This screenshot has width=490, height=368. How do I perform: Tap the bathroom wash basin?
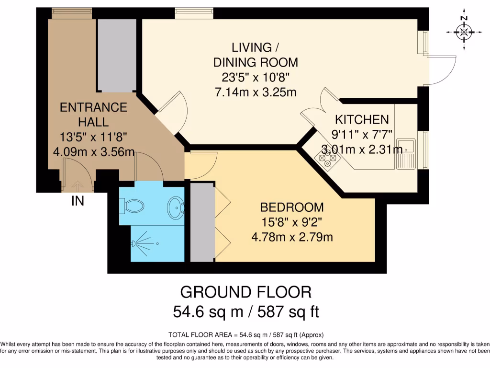click(175, 207)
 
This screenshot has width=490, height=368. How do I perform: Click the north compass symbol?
click(463, 32)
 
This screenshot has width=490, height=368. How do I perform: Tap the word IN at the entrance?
click(78, 201)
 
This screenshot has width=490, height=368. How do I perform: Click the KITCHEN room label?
click(361, 119)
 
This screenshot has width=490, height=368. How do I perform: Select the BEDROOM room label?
click(292, 207)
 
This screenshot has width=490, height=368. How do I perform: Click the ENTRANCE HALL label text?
click(93, 115)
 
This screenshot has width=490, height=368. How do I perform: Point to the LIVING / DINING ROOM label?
click(255, 55)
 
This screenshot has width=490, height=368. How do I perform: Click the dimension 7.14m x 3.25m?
click(255, 92)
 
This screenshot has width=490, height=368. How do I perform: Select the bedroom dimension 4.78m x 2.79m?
click(292, 237)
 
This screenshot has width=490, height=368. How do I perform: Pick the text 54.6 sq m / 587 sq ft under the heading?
click(245, 312)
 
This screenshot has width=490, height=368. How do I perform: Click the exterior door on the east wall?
click(440, 70)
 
